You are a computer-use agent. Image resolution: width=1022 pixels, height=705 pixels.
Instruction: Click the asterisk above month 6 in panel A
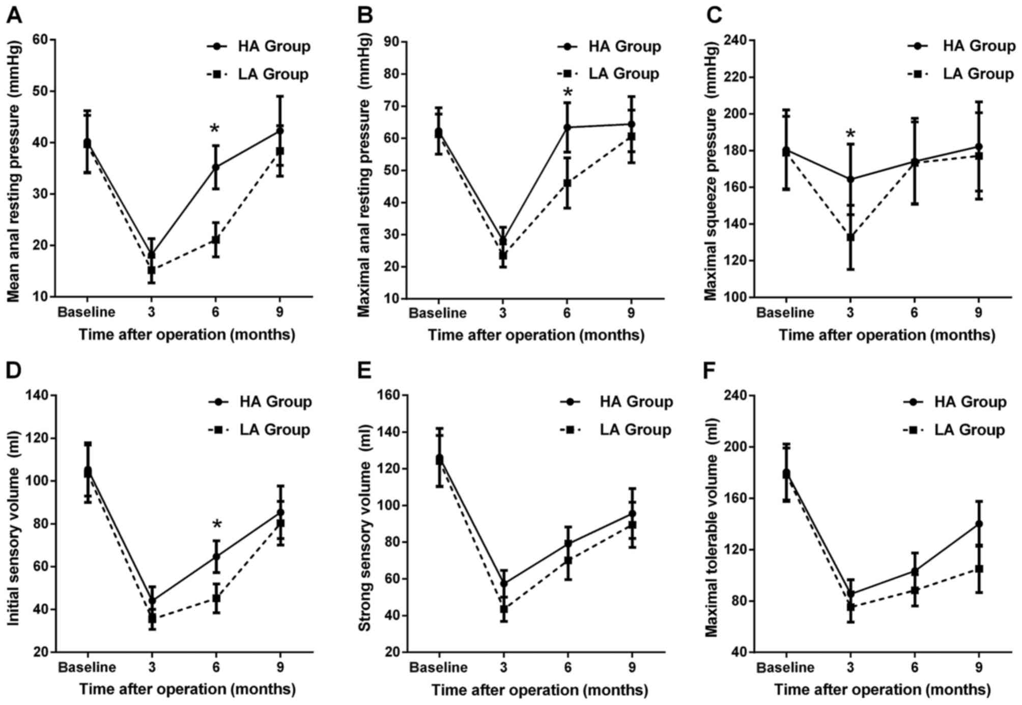[x=215, y=129]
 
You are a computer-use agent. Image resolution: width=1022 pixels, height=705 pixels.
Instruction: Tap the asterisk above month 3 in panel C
[x=850, y=134]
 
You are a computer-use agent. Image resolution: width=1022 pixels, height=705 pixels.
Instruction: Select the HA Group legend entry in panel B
[x=609, y=46]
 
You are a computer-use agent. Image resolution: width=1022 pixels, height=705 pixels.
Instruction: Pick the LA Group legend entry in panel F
[x=954, y=430]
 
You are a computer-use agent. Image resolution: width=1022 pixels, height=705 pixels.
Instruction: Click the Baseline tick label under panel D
[x=87, y=667]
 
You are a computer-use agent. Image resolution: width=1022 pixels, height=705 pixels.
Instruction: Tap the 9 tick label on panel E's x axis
[x=632, y=667]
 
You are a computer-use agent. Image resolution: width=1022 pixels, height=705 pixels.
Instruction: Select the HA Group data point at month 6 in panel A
[x=215, y=167]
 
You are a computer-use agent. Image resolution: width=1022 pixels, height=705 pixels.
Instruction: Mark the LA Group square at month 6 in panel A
[x=215, y=239]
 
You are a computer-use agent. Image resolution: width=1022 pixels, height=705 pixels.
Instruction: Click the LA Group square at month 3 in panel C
[x=850, y=237]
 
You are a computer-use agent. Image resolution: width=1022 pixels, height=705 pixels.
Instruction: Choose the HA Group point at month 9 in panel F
[x=978, y=524]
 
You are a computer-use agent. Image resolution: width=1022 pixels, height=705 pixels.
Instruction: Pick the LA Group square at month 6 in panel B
[x=567, y=183]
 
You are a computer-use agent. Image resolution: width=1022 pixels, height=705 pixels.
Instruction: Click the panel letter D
[x=13, y=371]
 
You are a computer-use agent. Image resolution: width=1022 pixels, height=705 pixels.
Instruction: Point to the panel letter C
[x=714, y=15]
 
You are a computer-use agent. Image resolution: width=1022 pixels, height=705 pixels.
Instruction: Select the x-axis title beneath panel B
[x=535, y=335]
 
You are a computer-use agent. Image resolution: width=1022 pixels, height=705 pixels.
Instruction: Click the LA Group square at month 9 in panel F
[x=978, y=569]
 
